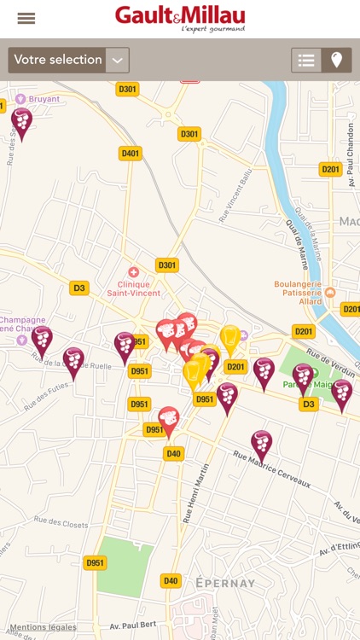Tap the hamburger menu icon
(x=26, y=19)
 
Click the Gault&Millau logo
(x=180, y=18)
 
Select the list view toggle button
(x=306, y=60)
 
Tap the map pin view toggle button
(x=337, y=60)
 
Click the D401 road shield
(x=130, y=154)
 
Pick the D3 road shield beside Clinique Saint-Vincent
(x=79, y=288)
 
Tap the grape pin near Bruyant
(x=21, y=120)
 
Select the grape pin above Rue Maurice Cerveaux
(x=261, y=442)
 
